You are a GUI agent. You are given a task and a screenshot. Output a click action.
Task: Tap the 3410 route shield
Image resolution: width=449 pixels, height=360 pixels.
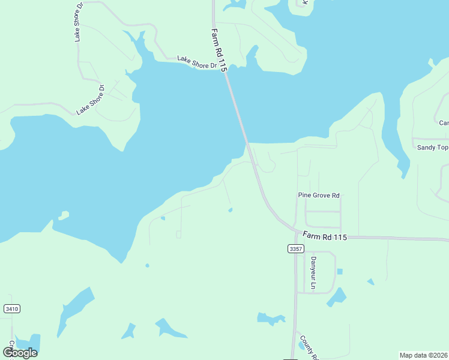pos(11,308)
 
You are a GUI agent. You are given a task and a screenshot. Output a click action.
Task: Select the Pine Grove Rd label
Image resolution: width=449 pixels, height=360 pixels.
pos(319,196)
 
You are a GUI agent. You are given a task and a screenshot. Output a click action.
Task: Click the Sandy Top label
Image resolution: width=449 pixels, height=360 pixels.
pos(432,148)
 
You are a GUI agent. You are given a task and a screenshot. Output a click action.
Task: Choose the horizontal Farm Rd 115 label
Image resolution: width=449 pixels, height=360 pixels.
pos(325,236)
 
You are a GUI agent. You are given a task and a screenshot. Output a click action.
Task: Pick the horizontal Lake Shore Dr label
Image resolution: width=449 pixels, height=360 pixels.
pos(196,62)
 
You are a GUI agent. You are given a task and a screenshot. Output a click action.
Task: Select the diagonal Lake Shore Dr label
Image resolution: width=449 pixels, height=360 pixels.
pos(91,100)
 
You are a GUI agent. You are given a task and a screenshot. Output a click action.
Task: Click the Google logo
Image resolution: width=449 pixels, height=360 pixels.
pos(20,352)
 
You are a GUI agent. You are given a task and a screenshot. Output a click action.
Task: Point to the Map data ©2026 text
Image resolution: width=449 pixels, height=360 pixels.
pos(423,355)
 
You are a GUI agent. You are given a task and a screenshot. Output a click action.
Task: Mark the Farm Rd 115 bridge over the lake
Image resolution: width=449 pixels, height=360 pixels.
pos(238,109)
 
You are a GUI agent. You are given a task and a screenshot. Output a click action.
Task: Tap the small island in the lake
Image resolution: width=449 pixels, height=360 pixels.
pos(63,215)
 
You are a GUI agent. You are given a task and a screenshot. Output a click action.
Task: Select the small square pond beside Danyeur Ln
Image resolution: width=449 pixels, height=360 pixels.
pos(340,272)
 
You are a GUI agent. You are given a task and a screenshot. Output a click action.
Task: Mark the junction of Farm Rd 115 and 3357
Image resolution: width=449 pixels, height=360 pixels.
pos(295,232)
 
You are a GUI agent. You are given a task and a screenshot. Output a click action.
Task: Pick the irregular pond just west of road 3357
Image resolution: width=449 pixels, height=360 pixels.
pos(270,318)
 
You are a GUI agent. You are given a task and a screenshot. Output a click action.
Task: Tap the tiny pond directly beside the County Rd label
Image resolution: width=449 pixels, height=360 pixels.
pos(301,345)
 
